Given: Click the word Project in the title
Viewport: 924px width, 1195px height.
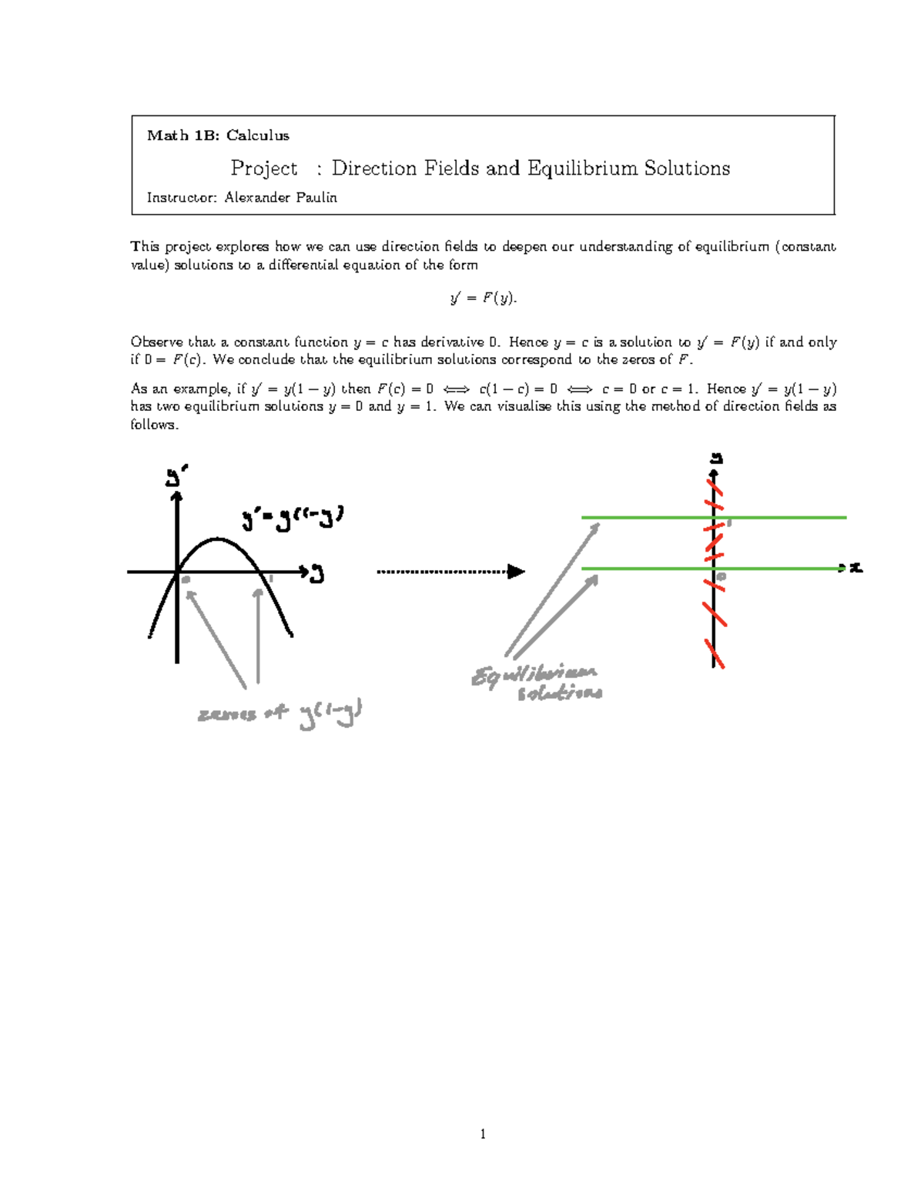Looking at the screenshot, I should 264,169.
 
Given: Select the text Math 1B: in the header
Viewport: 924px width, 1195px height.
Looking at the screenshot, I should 183,135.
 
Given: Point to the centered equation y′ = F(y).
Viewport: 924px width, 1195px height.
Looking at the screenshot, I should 483,298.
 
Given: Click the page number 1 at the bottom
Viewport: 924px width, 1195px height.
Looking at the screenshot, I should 483,1133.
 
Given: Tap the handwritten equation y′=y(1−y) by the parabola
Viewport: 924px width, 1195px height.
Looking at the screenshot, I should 293,518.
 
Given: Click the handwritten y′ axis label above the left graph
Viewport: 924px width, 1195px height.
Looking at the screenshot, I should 177,477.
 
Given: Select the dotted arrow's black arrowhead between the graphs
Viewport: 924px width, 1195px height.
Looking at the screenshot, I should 516,572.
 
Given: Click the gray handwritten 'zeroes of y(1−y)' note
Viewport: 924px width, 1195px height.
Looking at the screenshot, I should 280,715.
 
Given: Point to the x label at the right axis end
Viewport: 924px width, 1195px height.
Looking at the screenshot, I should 855,569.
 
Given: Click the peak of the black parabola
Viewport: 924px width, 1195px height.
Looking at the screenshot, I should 218,539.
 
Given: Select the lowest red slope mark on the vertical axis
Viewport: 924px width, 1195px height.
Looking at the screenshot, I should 715,655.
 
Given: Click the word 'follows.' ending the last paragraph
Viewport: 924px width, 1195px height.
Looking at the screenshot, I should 154,425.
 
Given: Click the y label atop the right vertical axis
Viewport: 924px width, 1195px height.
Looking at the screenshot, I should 716,459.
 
